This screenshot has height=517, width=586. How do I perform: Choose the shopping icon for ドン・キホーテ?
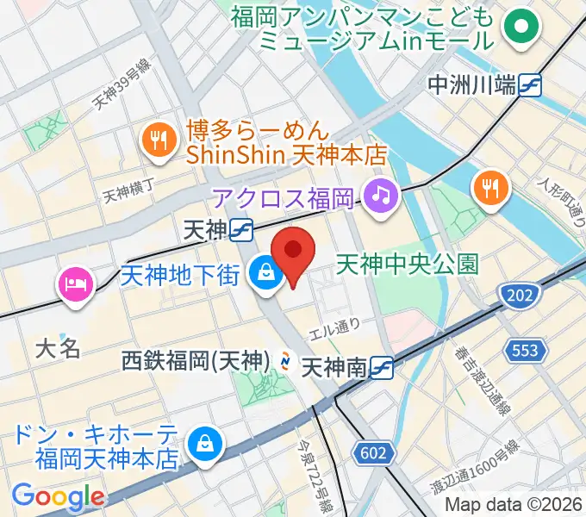pos(205,445)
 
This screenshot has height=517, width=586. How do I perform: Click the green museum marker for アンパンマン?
pos(521,27)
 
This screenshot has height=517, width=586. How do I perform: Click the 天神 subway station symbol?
pos(241,229)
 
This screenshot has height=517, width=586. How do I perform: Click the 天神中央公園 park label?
pos(407,263)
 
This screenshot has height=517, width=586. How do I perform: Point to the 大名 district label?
pos(58,348)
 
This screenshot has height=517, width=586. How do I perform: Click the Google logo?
pos(58,496)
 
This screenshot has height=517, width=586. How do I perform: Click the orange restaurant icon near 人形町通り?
pos(491,191)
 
